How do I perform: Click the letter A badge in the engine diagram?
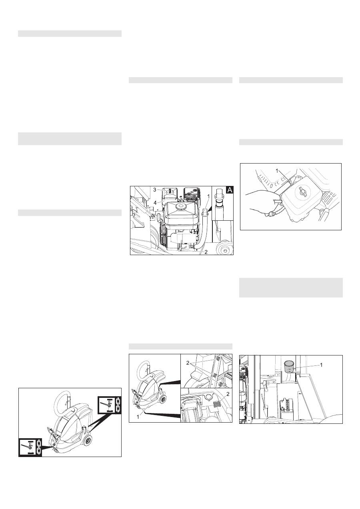point(230,190)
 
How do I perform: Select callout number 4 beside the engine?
point(155,202)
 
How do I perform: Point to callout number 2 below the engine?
point(206,252)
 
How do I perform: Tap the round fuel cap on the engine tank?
point(181,207)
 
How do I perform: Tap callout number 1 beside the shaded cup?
point(321,365)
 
